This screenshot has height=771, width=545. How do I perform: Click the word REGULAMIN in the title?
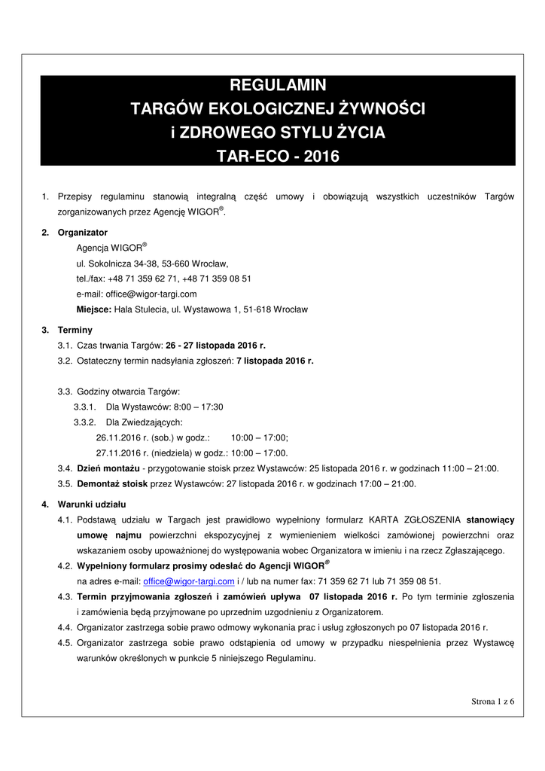click(x=278, y=85)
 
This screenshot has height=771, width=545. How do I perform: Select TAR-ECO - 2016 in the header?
click(x=278, y=157)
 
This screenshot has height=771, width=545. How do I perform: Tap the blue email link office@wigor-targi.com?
click(x=189, y=581)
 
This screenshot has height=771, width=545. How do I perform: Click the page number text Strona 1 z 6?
click(x=493, y=701)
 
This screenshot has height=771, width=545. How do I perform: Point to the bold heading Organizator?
click(x=82, y=233)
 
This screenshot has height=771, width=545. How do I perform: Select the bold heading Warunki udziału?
click(x=92, y=504)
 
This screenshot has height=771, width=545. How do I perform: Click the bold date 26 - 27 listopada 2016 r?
click(x=215, y=346)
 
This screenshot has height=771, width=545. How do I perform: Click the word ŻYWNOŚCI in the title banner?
click(x=383, y=109)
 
